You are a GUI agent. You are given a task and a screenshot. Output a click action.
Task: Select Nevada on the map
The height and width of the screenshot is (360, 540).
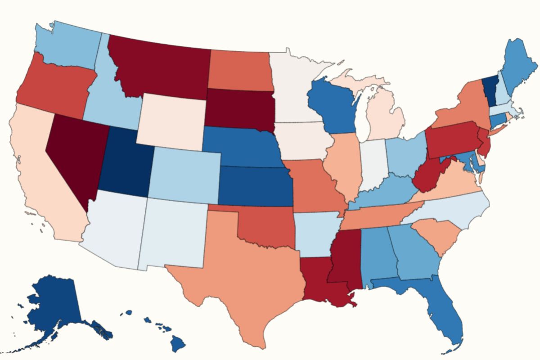tap(76, 153)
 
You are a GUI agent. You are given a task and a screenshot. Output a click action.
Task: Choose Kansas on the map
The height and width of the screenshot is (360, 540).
tap(254, 187)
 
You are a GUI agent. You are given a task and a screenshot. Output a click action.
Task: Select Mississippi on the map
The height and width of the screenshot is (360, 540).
tap(344, 261)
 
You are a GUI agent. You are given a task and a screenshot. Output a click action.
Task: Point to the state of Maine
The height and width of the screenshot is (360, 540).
tap(517, 67)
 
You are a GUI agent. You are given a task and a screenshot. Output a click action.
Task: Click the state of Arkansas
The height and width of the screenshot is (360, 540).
tap(313, 236)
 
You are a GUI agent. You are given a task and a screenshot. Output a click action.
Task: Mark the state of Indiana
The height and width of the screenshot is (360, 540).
tap(373, 164)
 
